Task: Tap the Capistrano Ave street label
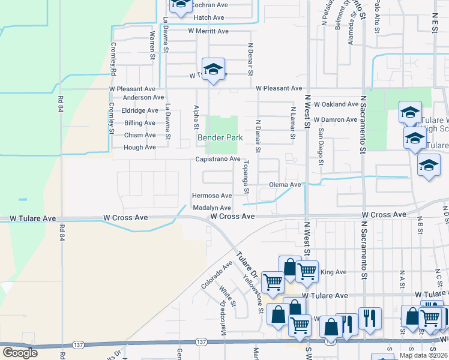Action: (217, 159)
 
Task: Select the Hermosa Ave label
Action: (211, 196)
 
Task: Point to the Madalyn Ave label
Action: (211, 208)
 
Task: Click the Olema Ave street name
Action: (285, 185)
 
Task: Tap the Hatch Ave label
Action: (209, 17)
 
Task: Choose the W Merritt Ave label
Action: (208, 31)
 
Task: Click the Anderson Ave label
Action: (143, 97)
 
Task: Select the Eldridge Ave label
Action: (140, 110)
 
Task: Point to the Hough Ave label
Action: (140, 147)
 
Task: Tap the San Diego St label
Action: (321, 146)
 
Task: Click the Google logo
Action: (20, 353)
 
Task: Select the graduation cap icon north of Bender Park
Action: (213, 69)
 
